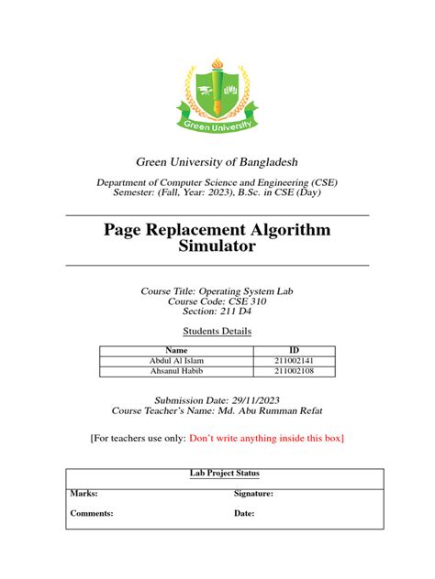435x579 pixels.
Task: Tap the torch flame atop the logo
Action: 217,65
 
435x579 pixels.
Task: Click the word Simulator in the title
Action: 217,246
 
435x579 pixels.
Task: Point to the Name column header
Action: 176,350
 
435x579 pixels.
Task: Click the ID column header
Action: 294,350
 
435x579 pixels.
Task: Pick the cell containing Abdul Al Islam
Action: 176,361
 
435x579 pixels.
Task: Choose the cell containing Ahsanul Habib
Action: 176,372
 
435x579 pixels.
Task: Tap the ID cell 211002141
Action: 294,361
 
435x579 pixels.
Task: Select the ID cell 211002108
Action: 294,372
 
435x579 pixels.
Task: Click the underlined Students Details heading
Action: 217,331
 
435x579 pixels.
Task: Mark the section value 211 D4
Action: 234,311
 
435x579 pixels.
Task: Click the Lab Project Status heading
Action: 217,474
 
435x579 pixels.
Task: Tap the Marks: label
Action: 84,493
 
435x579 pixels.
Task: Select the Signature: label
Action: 253,493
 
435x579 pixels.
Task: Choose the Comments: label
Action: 92,514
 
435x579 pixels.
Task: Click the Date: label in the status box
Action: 244,514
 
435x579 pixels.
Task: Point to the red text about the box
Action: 265,439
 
